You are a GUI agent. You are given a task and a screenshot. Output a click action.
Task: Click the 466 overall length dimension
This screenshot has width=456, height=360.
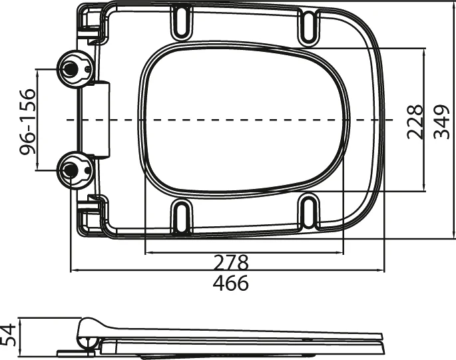click(x=230, y=283)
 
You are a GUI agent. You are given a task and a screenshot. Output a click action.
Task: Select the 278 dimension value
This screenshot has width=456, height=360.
click(x=230, y=262)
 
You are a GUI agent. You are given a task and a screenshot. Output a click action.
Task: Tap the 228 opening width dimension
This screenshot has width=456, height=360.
click(x=415, y=120)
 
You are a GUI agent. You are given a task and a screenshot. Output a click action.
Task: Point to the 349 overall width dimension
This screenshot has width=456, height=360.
click(x=441, y=120)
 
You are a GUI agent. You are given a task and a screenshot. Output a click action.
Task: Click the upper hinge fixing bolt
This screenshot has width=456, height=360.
click(x=71, y=67)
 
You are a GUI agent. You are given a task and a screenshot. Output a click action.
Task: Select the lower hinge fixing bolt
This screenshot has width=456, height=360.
click(x=71, y=170)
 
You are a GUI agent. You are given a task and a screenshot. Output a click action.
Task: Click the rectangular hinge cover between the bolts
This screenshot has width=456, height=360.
click(x=99, y=120)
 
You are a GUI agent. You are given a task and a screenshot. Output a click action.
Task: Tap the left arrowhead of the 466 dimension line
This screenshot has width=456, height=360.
click(x=74, y=271)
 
